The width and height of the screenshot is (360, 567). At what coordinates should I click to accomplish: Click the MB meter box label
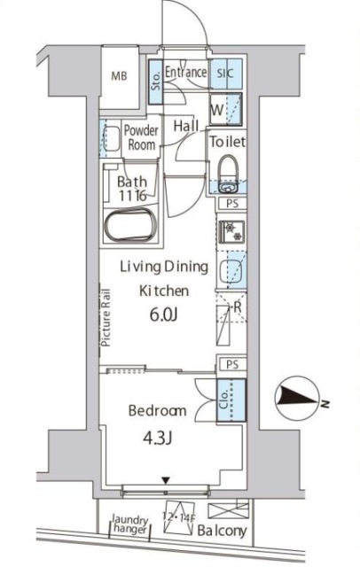pyautogui.click(x=119, y=76)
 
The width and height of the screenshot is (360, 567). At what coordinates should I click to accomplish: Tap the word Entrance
pyautogui.click(x=185, y=72)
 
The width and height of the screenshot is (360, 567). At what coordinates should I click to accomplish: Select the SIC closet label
pyautogui.click(x=225, y=74)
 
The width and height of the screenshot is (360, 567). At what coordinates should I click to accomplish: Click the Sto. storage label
pyautogui.click(x=156, y=82)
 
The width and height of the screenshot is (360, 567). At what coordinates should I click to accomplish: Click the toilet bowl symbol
pyautogui.click(x=228, y=168)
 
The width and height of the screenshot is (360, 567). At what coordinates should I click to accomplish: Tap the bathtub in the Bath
pyautogui.click(x=130, y=225)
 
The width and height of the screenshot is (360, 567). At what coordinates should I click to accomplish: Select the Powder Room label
pyautogui.click(x=141, y=137)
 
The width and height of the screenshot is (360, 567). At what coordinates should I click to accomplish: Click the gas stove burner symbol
pyautogui.click(x=232, y=232)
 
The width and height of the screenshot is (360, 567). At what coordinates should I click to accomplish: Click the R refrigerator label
pyautogui.click(x=238, y=307)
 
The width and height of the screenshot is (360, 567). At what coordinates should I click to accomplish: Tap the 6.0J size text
pyautogui.click(x=163, y=315)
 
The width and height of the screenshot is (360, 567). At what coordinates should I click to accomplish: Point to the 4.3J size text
pyautogui.click(x=157, y=439)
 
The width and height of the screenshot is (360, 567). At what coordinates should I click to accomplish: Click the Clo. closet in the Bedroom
pyautogui.click(x=231, y=400)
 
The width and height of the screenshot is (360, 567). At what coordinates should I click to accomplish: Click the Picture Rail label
pyautogui.click(x=106, y=318)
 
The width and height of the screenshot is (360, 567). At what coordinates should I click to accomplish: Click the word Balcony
pyautogui.click(x=222, y=531)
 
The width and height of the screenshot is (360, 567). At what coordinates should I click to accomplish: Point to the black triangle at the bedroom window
pyautogui.click(x=166, y=480)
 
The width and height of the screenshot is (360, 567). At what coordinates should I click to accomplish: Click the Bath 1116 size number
pyautogui.click(x=132, y=196)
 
